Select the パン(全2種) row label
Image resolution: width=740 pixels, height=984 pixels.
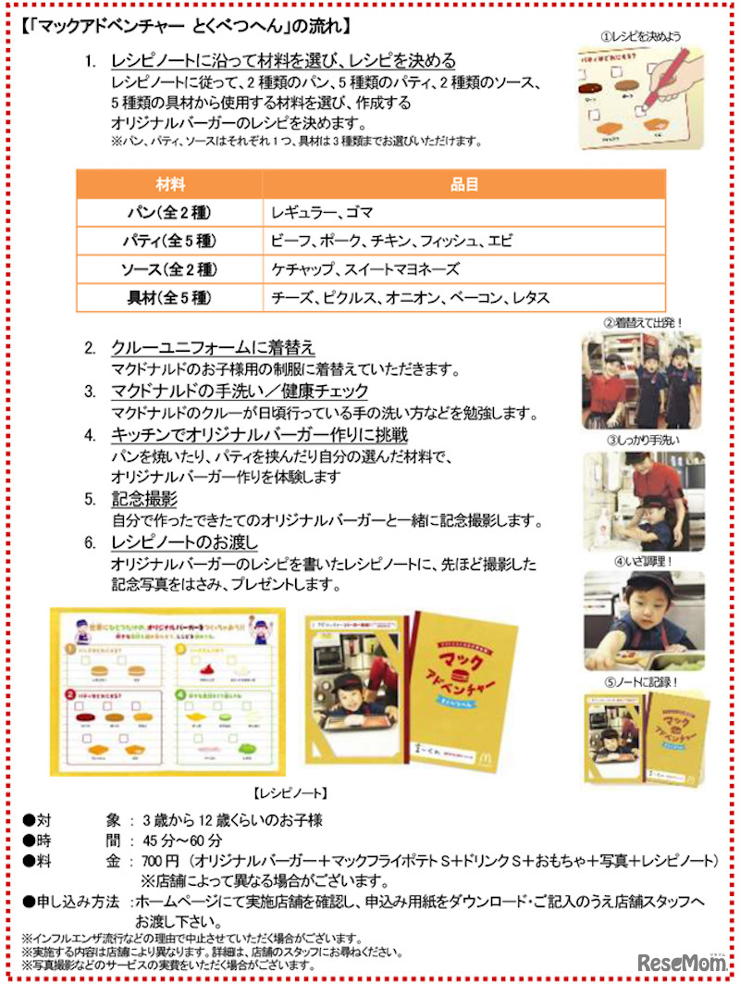tap(170, 213)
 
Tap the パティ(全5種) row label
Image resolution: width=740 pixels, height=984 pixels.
tap(170, 242)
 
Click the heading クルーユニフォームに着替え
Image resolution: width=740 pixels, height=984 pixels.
tap(213, 348)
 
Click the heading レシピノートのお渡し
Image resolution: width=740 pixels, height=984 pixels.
tap(184, 541)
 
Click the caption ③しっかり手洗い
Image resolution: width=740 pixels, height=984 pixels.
tap(644, 440)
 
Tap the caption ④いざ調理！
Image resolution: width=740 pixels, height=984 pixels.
tap(644, 561)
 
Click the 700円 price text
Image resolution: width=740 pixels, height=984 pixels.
tap(155, 861)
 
